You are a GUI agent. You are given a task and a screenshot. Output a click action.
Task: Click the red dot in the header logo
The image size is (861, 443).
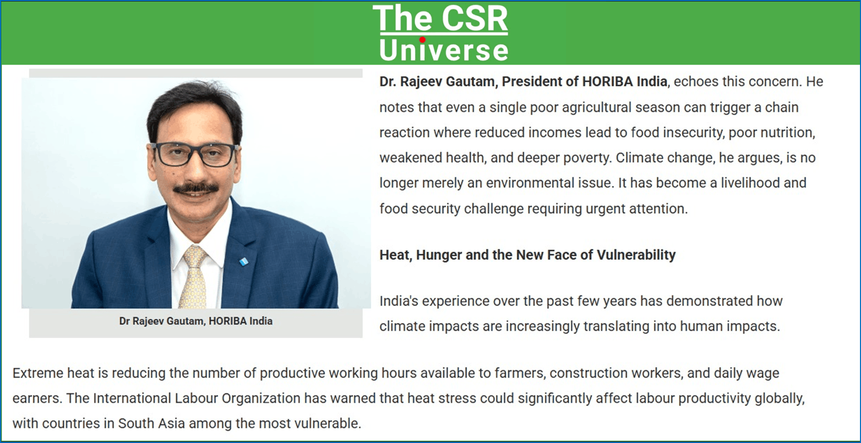(x=422, y=39)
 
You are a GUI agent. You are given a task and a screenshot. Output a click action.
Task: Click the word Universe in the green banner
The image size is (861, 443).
(x=444, y=50)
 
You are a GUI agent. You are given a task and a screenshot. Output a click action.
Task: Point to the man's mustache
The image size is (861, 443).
(x=196, y=188)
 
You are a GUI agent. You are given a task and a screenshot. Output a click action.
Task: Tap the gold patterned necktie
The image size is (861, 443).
(x=194, y=277)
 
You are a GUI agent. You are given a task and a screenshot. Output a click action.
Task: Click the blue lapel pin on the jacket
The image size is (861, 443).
(x=244, y=262)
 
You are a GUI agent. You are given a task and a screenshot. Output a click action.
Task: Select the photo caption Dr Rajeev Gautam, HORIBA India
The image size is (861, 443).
(x=196, y=321)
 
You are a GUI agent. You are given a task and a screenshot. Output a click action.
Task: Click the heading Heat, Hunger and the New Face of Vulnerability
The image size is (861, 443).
(x=527, y=255)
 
